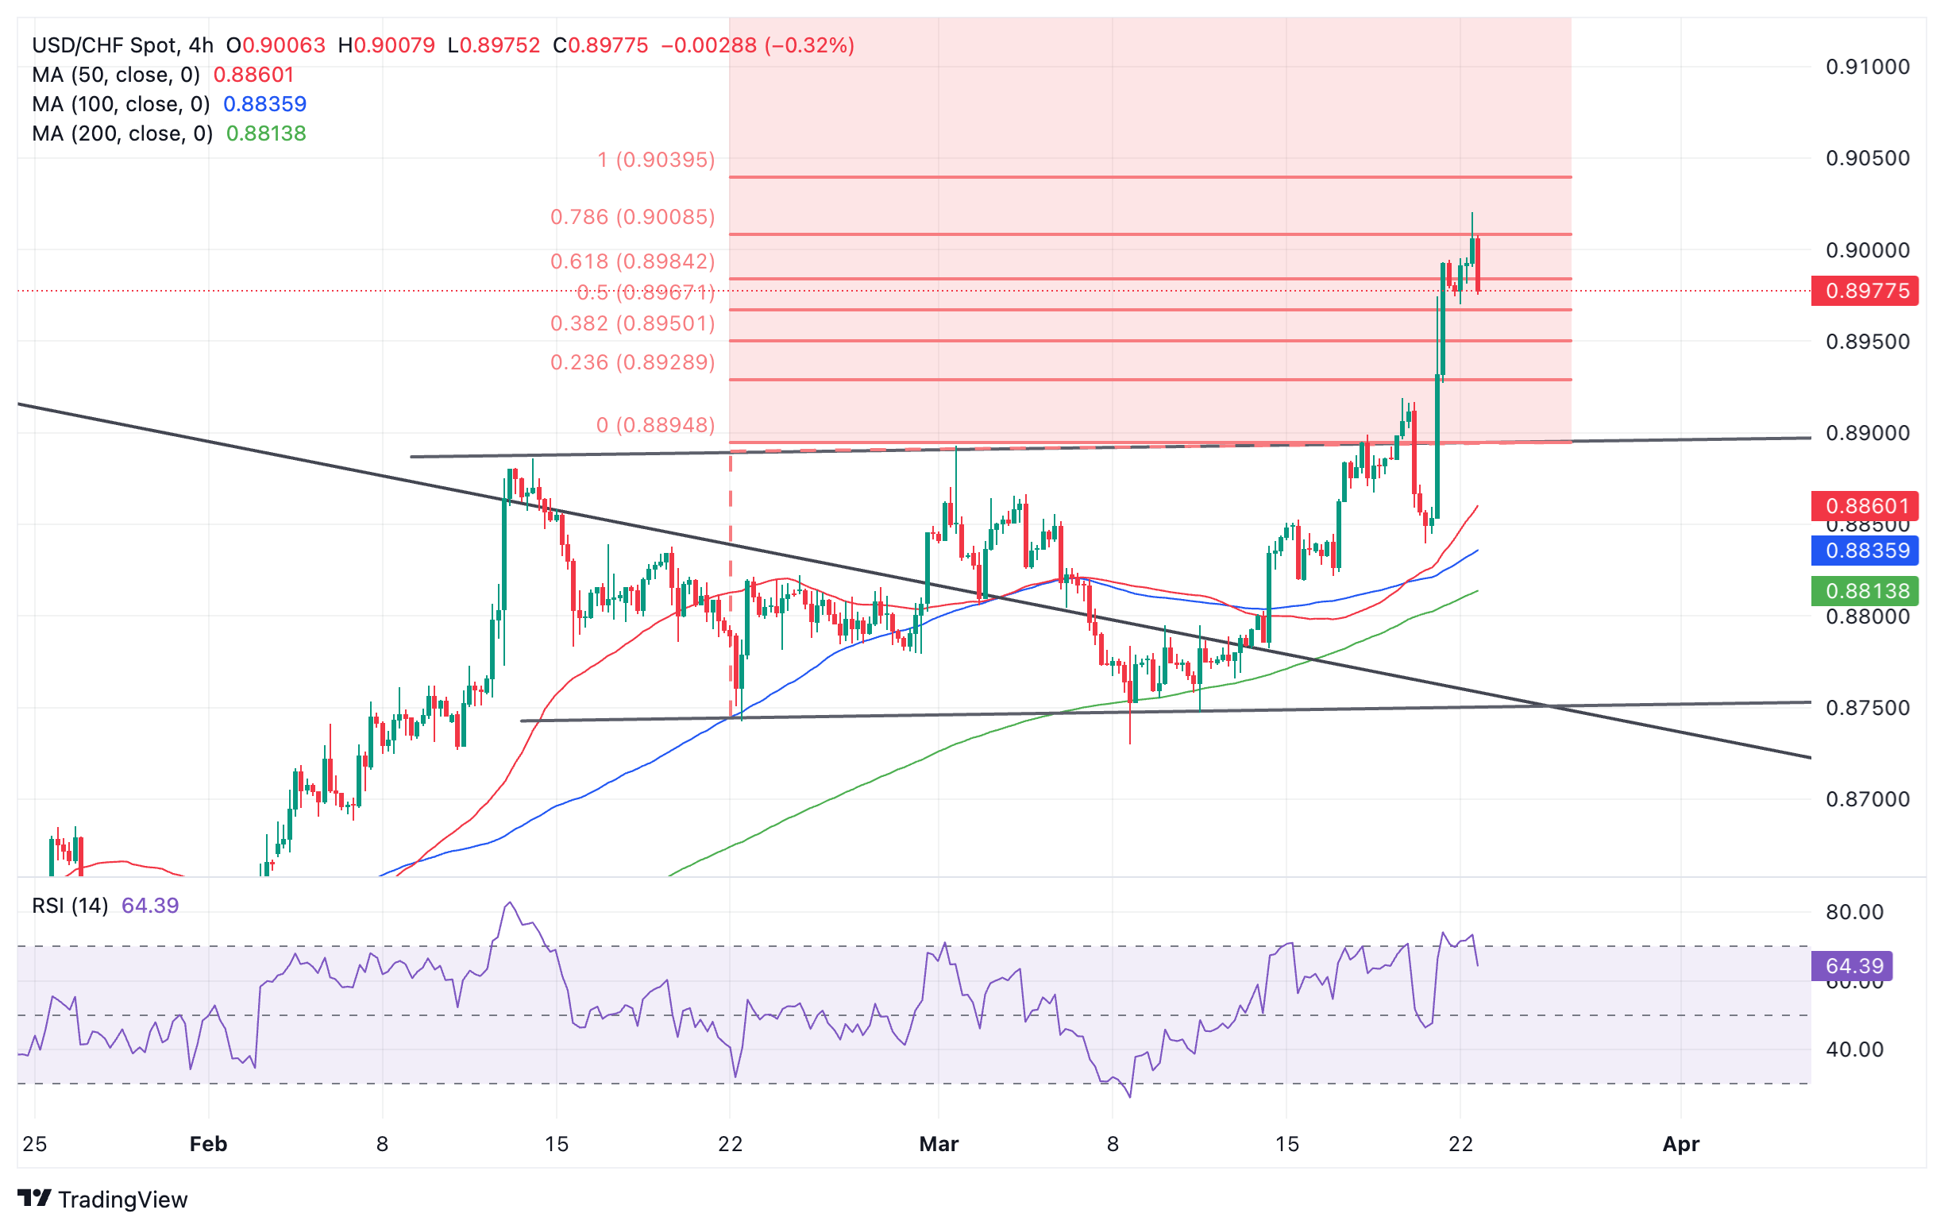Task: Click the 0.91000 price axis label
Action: click(1867, 67)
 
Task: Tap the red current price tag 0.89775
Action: click(1864, 291)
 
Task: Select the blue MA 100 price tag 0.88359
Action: click(1864, 551)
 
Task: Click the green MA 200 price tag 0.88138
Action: click(1864, 591)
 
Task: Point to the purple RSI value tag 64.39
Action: click(1853, 966)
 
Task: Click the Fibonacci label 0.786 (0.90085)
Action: click(632, 217)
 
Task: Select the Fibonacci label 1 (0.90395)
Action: click(655, 160)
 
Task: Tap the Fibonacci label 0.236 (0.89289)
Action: click(632, 362)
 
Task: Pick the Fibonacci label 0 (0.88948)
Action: click(654, 425)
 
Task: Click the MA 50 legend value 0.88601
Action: click(253, 75)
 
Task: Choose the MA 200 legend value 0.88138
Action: click(265, 133)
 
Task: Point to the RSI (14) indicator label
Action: click(69, 905)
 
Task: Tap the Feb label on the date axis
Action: click(208, 1144)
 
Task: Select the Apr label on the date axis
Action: click(1681, 1144)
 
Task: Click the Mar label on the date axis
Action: click(938, 1144)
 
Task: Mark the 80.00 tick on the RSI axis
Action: click(1854, 913)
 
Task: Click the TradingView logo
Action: click(102, 1199)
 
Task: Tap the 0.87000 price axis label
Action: click(1867, 799)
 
